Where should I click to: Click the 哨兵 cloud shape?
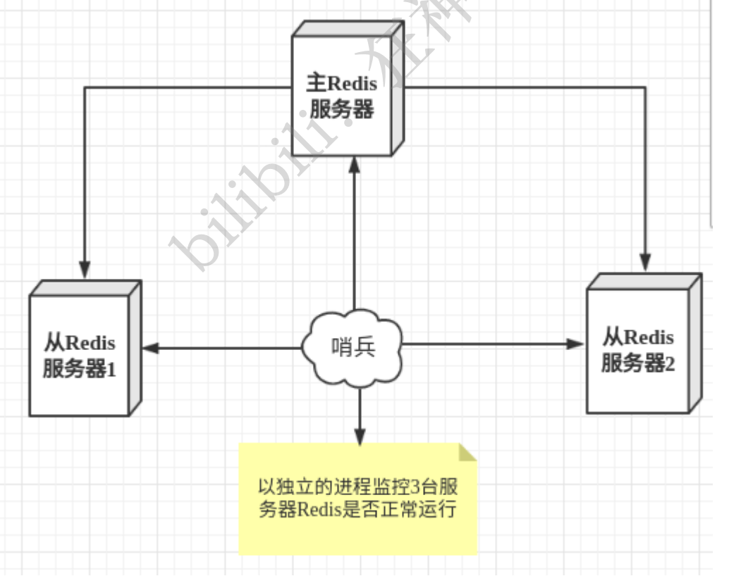(353, 346)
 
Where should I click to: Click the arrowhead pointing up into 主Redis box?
(356, 166)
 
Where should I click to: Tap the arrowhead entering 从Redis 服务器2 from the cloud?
(576, 344)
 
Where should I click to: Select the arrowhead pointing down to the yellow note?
(360, 434)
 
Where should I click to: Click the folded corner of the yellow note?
(467, 452)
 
